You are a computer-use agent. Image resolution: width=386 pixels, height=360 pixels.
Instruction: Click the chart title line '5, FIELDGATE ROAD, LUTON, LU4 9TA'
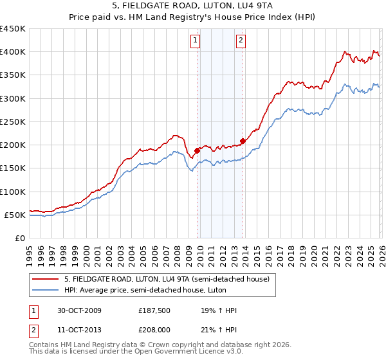coord(192,5)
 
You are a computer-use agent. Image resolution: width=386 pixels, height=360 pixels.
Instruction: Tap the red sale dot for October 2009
coord(197,150)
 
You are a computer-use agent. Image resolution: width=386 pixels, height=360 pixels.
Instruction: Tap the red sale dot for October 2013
coord(243,141)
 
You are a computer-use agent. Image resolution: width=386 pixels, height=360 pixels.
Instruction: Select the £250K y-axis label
coord(13,122)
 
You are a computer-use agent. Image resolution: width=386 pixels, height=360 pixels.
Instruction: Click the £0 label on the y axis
coord(19,238)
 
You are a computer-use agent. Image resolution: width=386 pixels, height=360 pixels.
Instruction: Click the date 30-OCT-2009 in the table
coord(78,310)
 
